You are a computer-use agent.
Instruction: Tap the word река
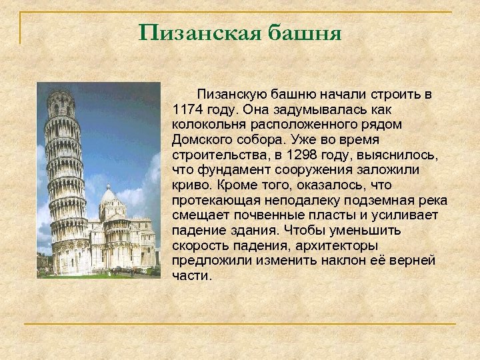(434, 200)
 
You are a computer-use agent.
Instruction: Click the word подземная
(386, 200)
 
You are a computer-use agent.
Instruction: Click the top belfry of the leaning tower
(61, 103)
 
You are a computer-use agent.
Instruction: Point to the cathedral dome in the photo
(108, 197)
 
